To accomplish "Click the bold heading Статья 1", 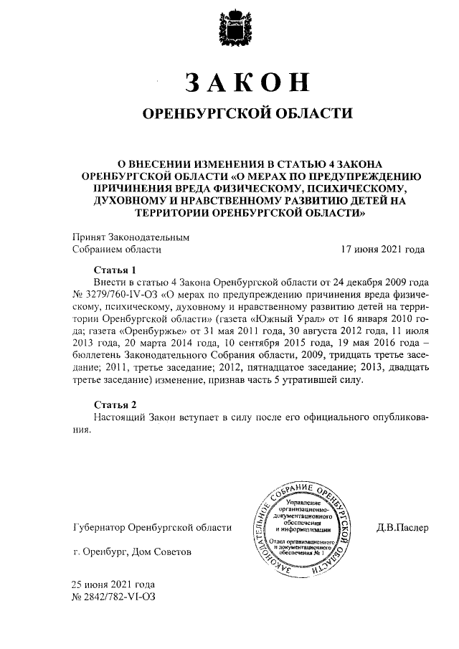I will [114, 270].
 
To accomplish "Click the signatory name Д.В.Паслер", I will [402, 529].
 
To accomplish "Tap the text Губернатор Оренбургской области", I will [153, 529].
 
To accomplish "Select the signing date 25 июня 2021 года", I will [113, 584].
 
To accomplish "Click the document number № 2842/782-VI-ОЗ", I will [113, 596].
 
